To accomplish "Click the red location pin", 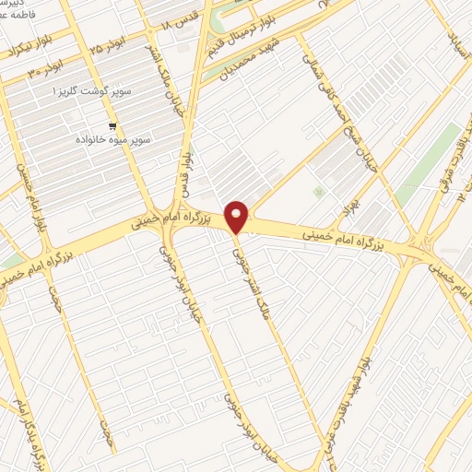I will coord(238,217).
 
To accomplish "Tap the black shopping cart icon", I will coord(112,126).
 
